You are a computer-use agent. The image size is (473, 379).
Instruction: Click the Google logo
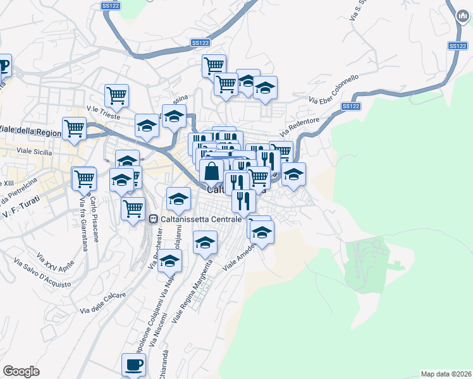(21, 371)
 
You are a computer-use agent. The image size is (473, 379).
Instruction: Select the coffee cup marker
(133, 365)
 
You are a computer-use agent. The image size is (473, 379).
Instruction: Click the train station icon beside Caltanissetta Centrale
(153, 219)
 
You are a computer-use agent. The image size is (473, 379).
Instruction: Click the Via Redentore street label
(304, 124)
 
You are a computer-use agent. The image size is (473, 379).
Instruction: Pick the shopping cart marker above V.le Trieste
(116, 95)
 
